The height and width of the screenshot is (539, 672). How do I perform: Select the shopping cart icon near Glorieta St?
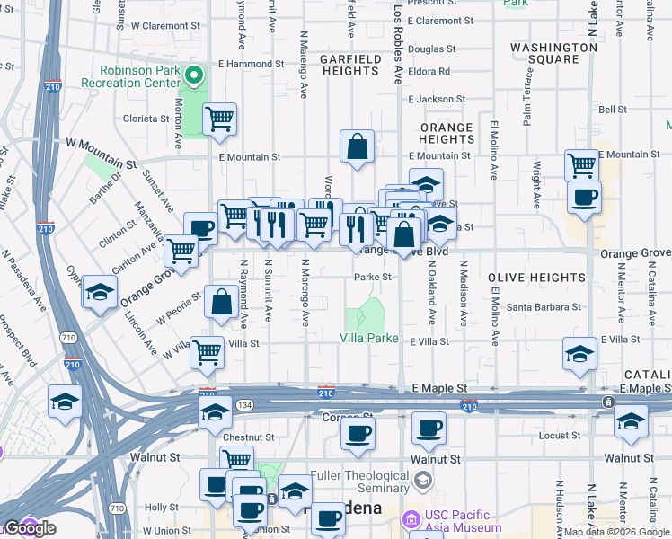pos(219,119)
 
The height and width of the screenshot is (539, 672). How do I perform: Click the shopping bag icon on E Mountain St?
pos(357,146)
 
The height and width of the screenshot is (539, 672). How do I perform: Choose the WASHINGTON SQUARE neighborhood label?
pos(544,53)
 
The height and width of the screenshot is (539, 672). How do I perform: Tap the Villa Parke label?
pos(368,339)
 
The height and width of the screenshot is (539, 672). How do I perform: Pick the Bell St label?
pos(612,110)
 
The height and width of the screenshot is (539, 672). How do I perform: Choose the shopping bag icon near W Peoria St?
pos(221,303)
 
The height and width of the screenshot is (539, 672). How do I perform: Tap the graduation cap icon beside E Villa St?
pos(579,353)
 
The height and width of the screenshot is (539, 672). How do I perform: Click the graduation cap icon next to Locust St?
pos(631,420)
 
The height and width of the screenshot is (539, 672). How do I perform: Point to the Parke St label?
pos(372,278)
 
